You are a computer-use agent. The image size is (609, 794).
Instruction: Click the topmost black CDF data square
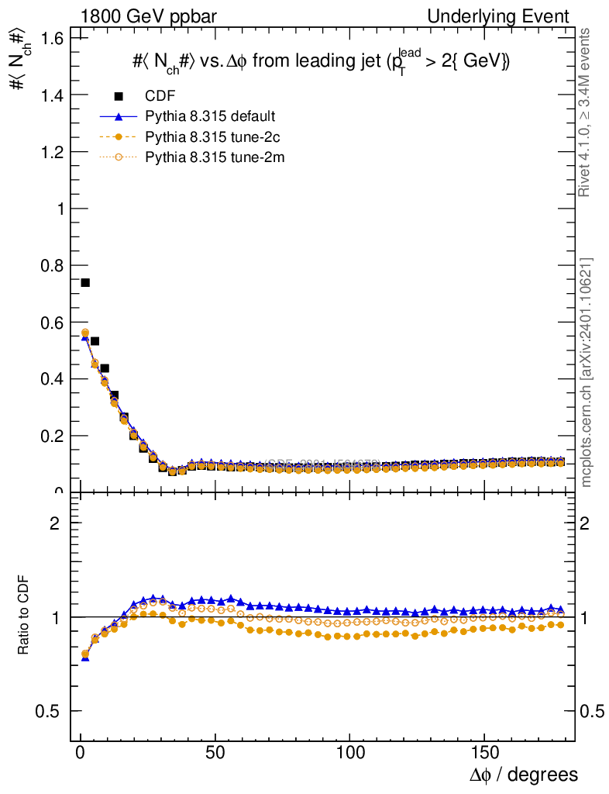(x=85, y=282)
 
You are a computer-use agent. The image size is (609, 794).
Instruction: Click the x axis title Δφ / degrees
(x=525, y=775)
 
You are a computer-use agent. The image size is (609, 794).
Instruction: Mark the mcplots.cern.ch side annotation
(x=587, y=373)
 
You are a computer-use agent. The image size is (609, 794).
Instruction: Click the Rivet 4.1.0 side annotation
(x=587, y=112)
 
